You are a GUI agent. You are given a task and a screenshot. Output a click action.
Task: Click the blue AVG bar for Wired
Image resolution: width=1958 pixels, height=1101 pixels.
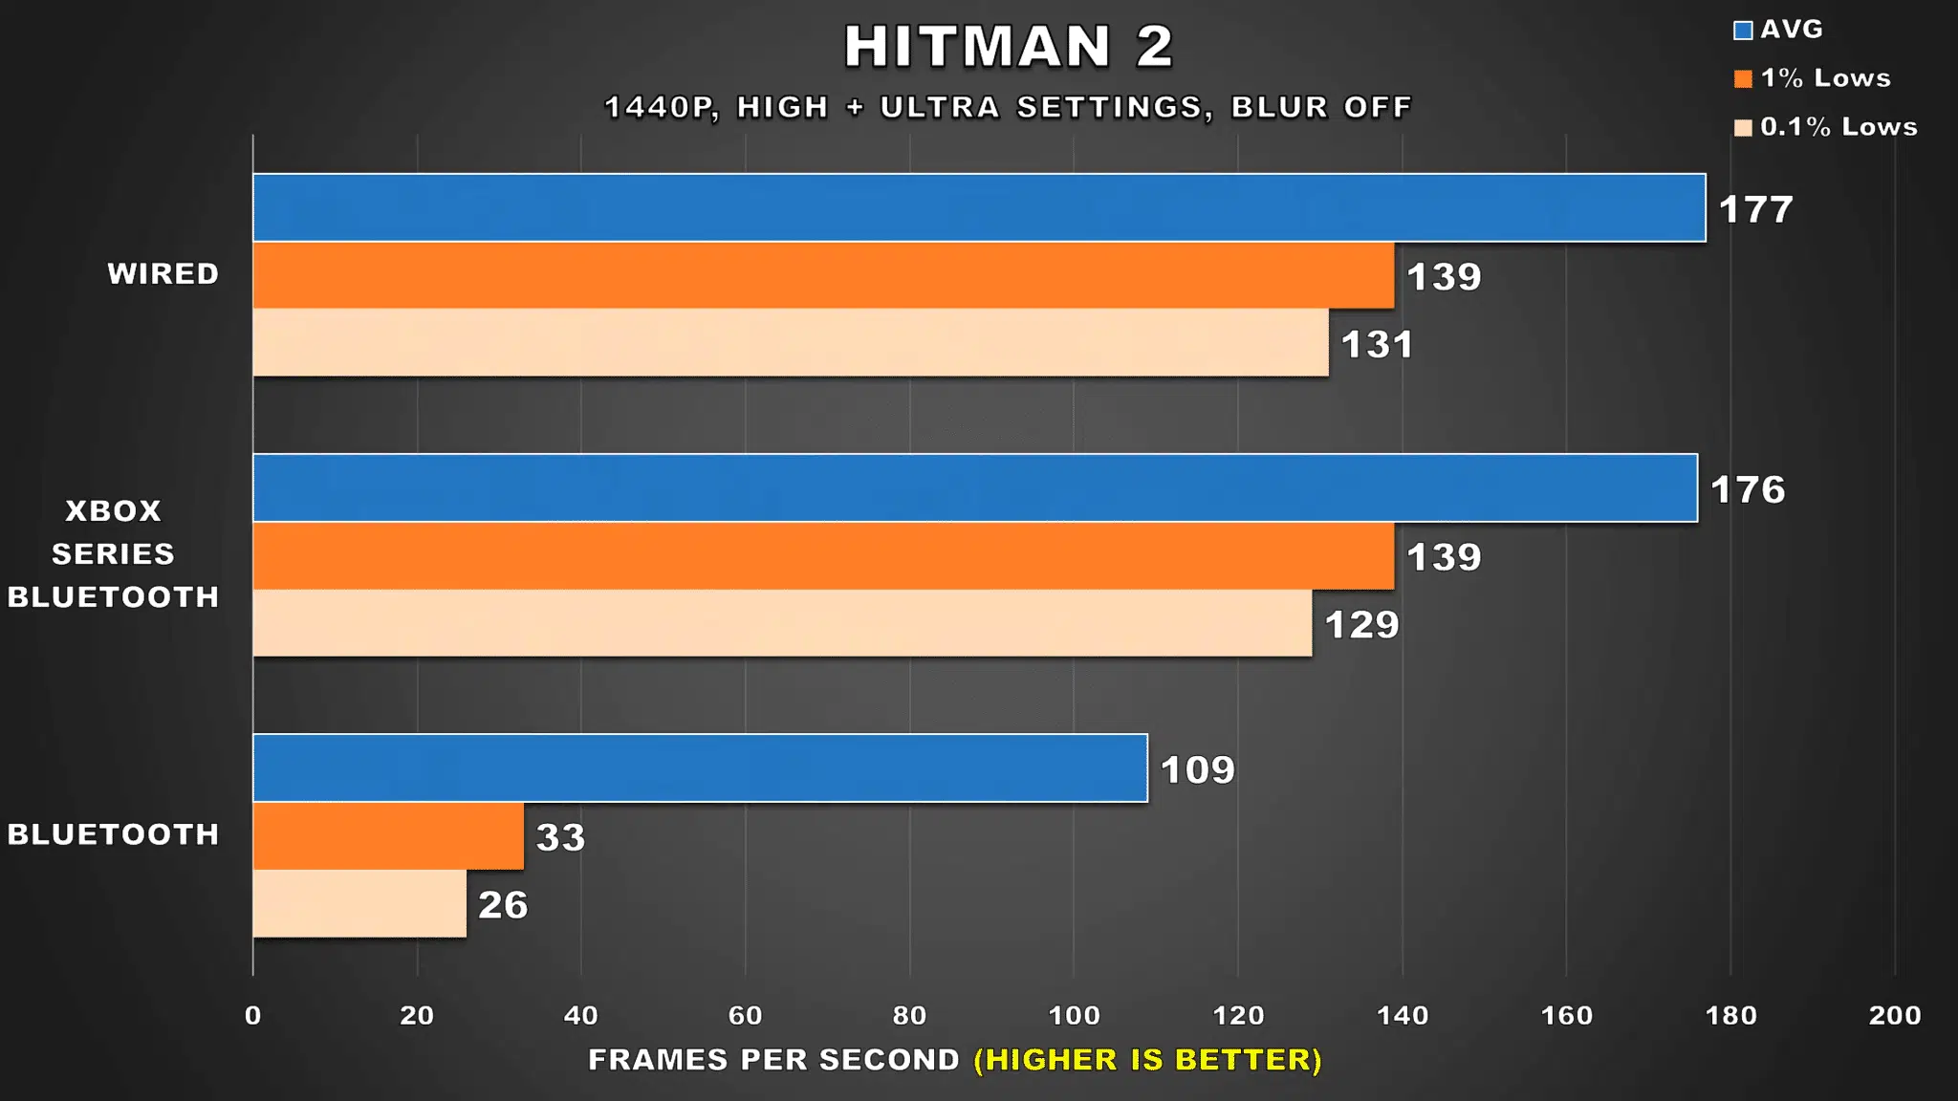click(x=979, y=207)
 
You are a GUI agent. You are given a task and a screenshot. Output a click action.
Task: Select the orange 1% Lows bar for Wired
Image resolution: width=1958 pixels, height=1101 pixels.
click(x=823, y=275)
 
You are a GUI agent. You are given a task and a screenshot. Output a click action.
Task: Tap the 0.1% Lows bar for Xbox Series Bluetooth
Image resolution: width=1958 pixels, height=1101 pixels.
click(x=782, y=623)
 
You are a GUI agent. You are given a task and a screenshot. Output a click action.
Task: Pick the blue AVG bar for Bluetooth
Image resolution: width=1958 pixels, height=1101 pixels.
click(x=700, y=768)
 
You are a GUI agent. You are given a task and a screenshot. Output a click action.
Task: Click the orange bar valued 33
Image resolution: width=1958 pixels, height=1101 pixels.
click(x=388, y=836)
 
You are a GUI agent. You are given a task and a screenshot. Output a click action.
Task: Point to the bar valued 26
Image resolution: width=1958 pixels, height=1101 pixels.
click(x=359, y=904)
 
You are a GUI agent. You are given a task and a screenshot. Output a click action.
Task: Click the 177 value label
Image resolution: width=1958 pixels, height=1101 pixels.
click(x=1755, y=209)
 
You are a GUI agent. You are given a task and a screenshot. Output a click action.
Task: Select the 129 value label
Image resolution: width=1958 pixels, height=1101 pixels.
click(x=1361, y=625)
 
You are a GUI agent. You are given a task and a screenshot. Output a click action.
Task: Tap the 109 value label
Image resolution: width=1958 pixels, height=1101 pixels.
click(x=1197, y=770)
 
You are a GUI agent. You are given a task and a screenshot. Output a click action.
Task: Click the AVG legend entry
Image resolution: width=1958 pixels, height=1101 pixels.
click(x=1778, y=30)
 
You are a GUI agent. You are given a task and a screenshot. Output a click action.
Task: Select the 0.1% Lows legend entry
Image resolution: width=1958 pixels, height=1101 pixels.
click(x=1826, y=127)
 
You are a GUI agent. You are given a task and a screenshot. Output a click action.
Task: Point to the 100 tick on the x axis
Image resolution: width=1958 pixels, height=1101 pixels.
click(x=1074, y=1015)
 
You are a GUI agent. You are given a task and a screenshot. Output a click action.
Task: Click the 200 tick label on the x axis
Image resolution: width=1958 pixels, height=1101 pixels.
click(x=1895, y=1015)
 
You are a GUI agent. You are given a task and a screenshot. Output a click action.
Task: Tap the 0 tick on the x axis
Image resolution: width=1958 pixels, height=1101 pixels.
click(x=252, y=1015)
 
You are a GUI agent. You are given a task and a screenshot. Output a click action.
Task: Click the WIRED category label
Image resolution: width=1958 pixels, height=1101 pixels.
click(x=163, y=274)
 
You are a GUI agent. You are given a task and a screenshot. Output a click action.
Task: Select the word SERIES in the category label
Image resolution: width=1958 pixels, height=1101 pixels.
click(x=113, y=554)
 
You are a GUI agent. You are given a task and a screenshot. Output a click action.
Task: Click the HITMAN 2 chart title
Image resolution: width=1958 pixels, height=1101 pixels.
click(x=1009, y=47)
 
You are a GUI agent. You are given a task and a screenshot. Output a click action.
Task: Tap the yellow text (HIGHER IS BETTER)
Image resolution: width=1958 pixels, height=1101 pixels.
click(x=1147, y=1060)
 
